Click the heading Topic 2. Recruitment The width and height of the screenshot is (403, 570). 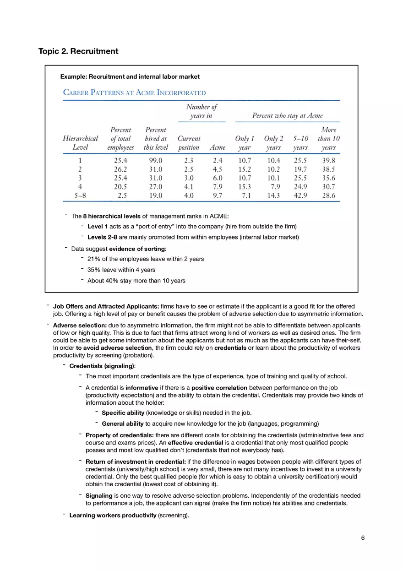[78, 51]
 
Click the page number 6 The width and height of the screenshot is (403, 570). [363, 538]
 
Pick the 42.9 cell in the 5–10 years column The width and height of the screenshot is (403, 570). [300, 195]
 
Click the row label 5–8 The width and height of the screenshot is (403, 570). [80, 195]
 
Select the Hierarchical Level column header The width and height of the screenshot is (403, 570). [80, 143]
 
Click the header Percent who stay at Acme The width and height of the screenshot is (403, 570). [287, 116]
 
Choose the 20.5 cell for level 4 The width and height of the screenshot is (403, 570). [120, 187]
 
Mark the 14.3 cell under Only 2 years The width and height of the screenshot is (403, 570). [274, 195]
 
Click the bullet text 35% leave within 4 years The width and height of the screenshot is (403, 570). [121, 270]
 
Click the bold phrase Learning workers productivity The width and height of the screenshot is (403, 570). [113, 516]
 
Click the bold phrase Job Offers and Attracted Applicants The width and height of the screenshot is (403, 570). [106, 306]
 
